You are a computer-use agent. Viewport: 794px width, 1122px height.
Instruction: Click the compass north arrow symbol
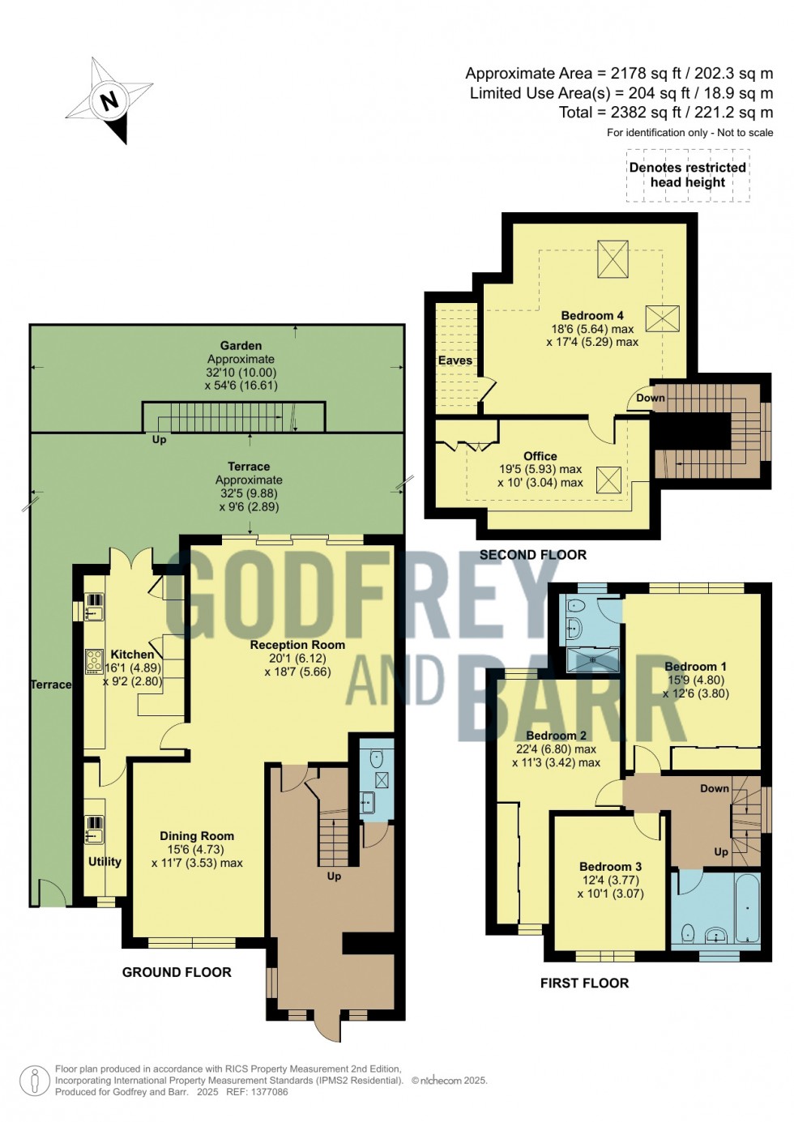click(x=109, y=100)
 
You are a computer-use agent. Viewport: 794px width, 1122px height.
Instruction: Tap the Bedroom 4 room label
click(x=592, y=315)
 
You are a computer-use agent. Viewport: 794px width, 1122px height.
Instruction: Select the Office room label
click(x=540, y=456)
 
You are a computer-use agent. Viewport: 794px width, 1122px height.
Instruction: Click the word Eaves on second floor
click(x=455, y=360)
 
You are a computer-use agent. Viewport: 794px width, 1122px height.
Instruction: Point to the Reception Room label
click(x=297, y=645)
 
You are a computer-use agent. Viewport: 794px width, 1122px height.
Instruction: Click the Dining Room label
click(x=197, y=836)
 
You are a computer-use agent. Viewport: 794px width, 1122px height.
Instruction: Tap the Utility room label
click(x=105, y=861)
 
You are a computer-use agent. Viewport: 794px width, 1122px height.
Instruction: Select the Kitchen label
click(x=132, y=655)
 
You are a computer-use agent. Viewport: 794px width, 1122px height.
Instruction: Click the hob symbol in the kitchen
click(x=94, y=661)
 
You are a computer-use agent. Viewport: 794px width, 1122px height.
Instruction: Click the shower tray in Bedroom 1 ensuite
click(x=592, y=659)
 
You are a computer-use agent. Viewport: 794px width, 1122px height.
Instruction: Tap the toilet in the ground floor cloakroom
click(x=377, y=758)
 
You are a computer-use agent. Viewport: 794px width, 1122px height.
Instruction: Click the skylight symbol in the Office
click(x=608, y=480)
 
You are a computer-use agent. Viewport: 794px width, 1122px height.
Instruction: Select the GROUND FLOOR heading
click(x=177, y=972)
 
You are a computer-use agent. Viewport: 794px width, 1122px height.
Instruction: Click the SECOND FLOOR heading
click(x=532, y=555)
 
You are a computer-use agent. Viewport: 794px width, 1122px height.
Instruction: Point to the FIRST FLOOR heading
click(x=584, y=983)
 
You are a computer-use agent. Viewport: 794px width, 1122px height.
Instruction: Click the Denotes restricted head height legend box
click(x=688, y=175)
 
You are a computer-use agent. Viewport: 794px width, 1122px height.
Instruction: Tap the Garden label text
click(x=241, y=346)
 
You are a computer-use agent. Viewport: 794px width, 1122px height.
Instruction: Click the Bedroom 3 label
click(x=610, y=867)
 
